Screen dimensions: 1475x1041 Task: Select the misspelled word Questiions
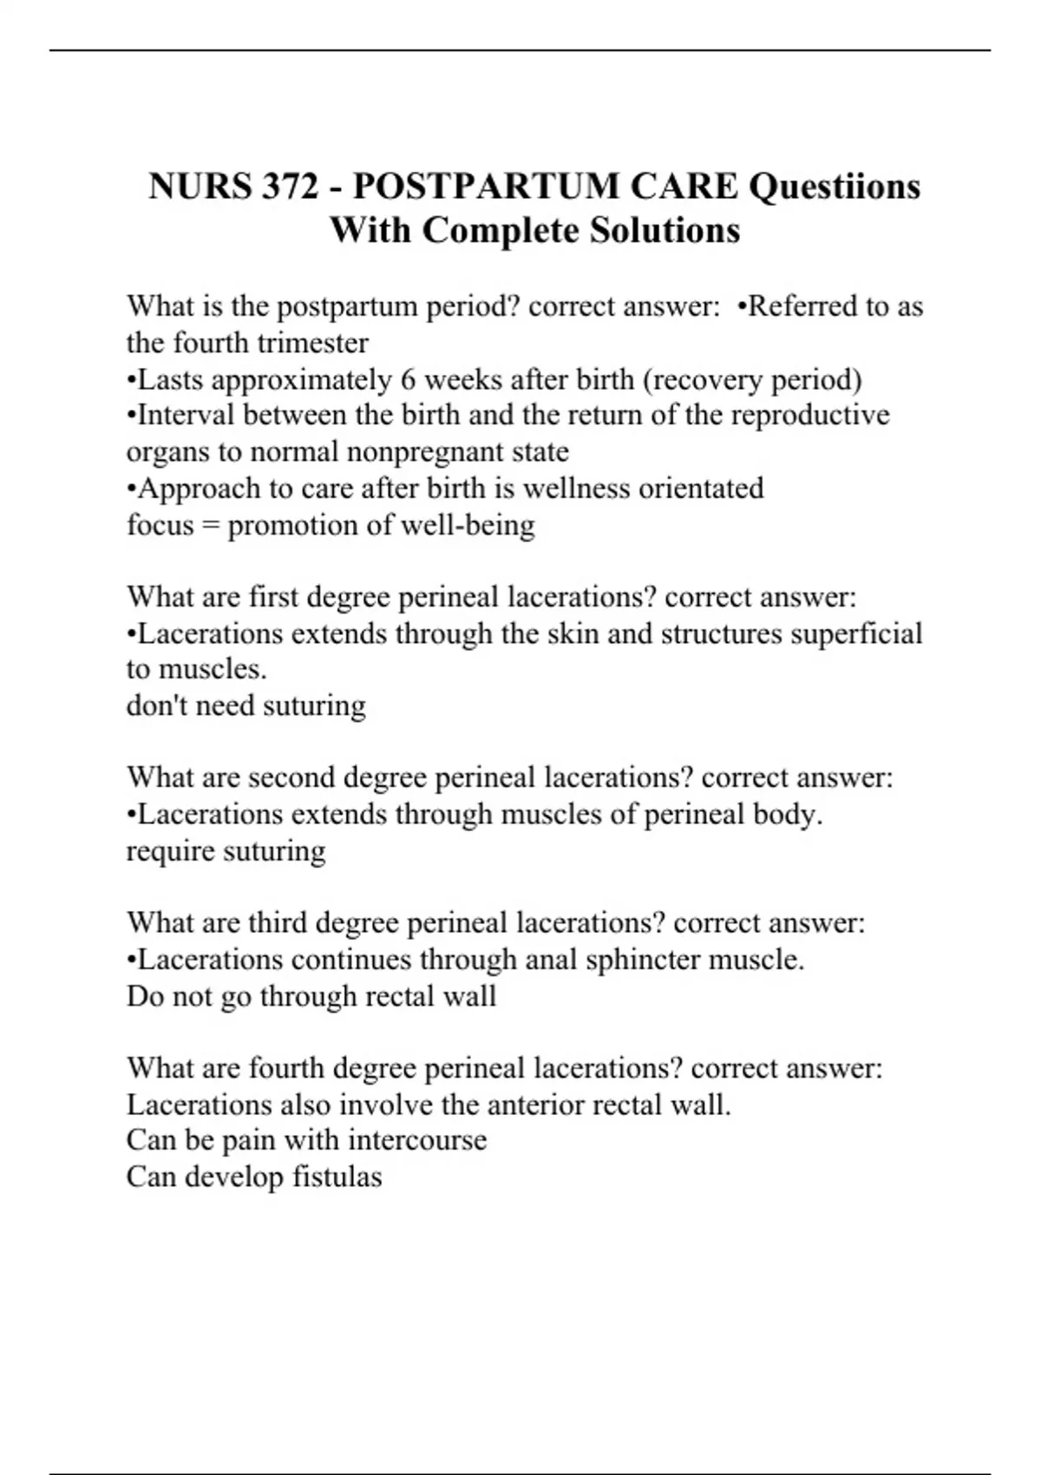[834, 187]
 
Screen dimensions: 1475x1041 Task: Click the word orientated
[701, 488]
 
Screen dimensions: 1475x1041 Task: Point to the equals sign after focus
[210, 526]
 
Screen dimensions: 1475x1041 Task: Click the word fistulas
[337, 1177]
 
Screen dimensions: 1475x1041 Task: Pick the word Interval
[186, 416]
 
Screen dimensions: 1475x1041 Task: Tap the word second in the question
[291, 777]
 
